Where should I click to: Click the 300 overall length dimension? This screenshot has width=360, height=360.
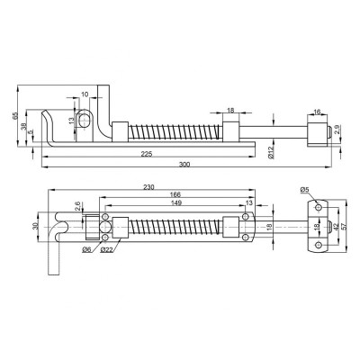184,164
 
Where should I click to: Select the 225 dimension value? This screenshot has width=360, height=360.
148,154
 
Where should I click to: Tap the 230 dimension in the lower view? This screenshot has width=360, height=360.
148,187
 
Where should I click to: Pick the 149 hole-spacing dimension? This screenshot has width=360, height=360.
176,203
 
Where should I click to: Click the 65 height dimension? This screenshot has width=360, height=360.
15,116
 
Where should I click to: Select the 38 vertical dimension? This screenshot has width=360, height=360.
24,127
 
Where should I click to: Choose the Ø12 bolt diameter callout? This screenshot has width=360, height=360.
270,153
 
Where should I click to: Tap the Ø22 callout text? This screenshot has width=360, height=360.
107,249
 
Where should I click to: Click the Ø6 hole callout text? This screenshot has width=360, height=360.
86,249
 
